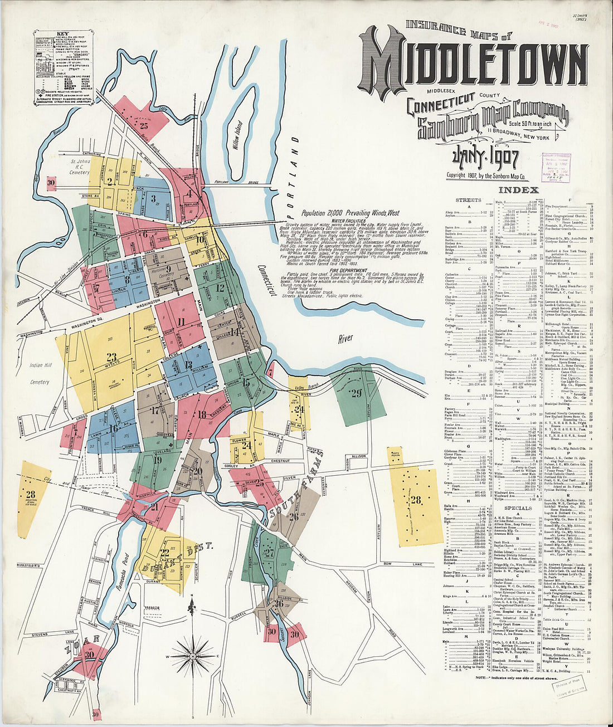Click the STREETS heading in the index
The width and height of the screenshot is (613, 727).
(x=468, y=199)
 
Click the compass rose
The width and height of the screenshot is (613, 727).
(x=193, y=649)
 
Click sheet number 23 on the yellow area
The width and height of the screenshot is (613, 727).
(x=111, y=358)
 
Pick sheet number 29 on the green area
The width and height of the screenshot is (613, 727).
(x=356, y=394)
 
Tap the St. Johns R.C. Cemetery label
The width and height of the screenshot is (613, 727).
(x=80, y=167)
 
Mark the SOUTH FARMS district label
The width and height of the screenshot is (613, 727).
(x=301, y=487)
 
